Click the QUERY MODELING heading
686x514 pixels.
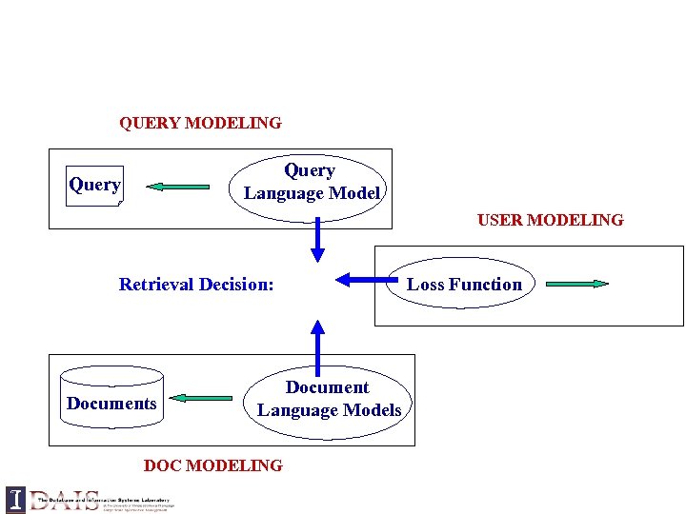(x=200, y=123)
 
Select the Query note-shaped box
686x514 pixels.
(x=95, y=185)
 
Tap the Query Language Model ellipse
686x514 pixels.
(x=312, y=182)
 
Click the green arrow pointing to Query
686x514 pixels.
(x=180, y=188)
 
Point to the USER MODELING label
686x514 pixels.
(x=550, y=220)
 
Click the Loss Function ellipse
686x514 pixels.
(x=464, y=284)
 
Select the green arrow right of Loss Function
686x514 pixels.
(x=576, y=284)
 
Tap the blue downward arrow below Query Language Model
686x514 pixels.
(x=317, y=242)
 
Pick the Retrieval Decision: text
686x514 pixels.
(x=196, y=284)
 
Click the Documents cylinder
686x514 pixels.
(x=111, y=403)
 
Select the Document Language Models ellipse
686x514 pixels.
(x=329, y=399)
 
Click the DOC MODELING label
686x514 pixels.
(x=212, y=465)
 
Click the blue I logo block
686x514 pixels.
(x=15, y=500)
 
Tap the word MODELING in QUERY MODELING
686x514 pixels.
(x=233, y=123)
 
